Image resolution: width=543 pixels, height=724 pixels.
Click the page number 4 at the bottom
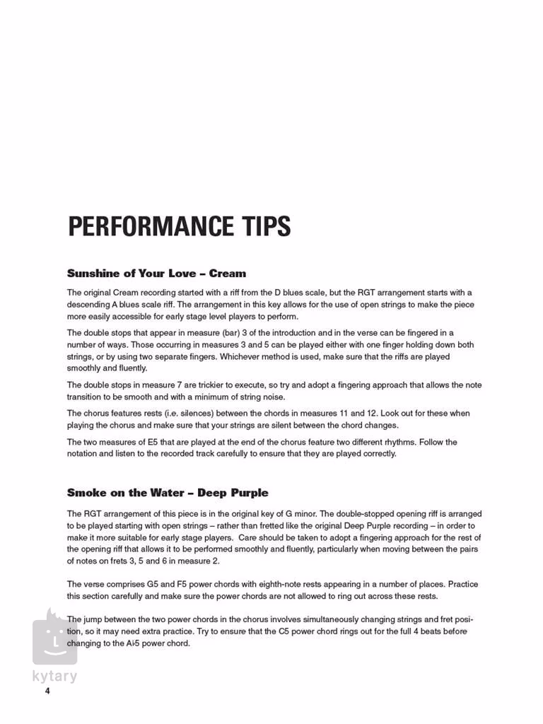(47, 691)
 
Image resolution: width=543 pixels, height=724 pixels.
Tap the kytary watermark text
(54, 676)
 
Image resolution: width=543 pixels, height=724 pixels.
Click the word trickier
(204, 385)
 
